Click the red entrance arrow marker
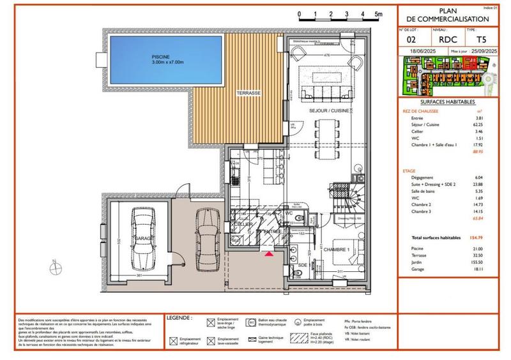pyautogui.click(x=268, y=253)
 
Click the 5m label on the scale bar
pyautogui.click(x=378, y=13)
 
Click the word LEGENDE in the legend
pyautogui.click(x=180, y=317)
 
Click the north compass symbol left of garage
pyautogui.click(x=55, y=264)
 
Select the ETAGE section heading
pyautogui.click(x=410, y=171)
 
